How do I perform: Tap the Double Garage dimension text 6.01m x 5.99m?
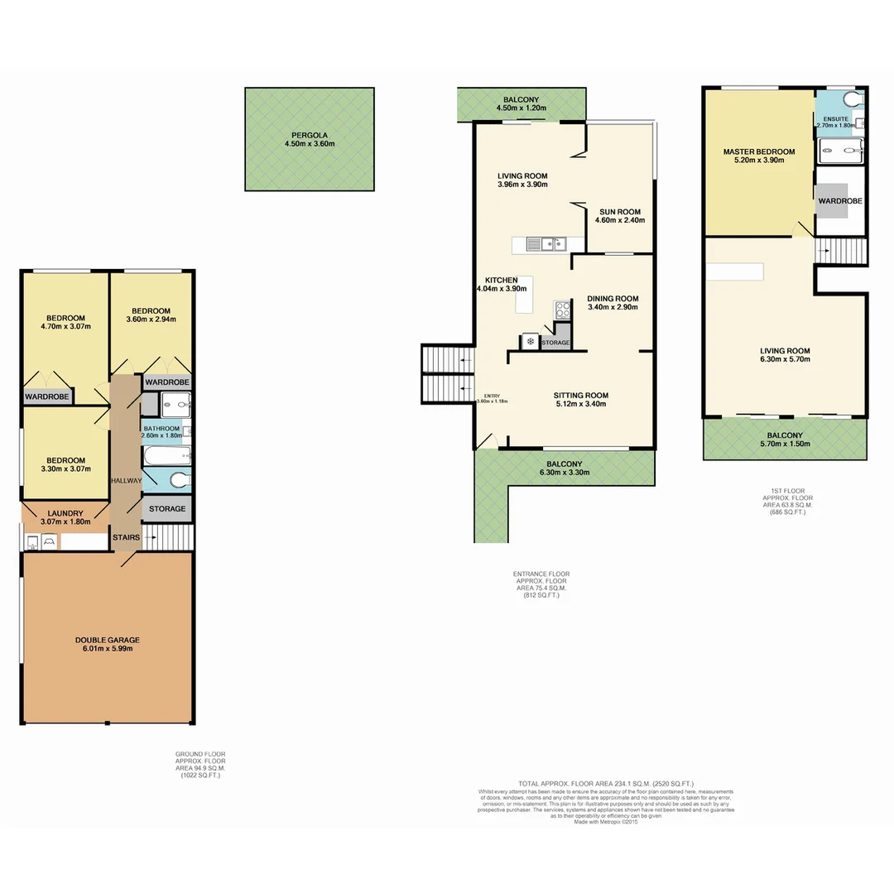coord(107,648)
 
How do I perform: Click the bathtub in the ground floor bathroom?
coord(167,456)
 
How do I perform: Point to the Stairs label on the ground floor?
coord(126,537)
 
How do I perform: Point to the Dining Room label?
coord(613,299)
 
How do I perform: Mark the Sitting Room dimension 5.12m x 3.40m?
coord(580,404)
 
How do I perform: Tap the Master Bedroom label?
coord(758,151)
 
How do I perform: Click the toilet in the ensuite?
coord(850,99)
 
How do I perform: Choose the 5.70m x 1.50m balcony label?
coord(785,445)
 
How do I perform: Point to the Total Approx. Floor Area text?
coord(606,783)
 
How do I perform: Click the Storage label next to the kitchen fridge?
coord(555,343)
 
